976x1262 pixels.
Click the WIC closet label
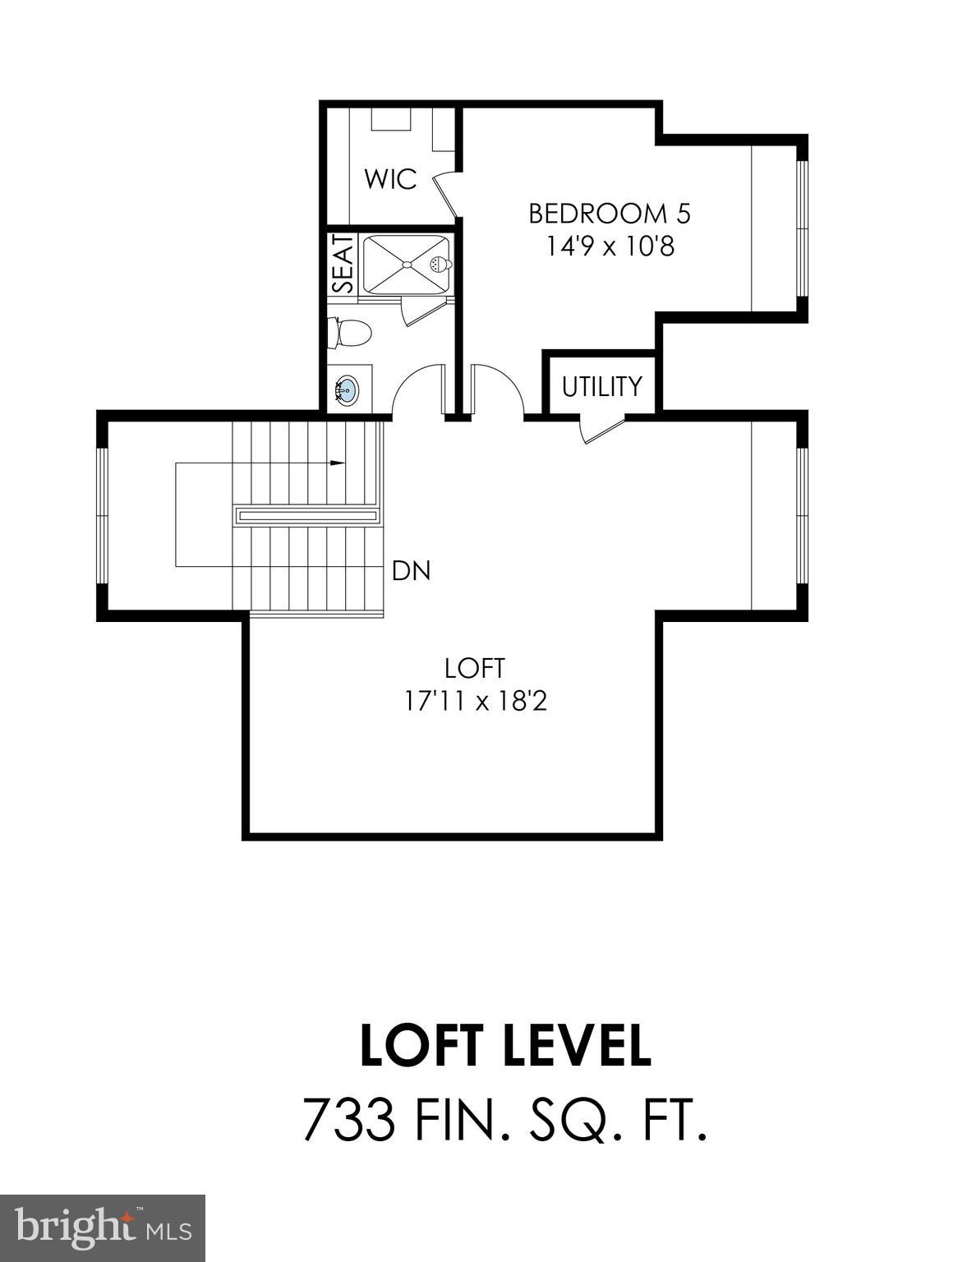(x=391, y=179)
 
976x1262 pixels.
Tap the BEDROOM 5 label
(x=609, y=214)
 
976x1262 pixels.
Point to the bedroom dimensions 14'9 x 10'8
(x=610, y=246)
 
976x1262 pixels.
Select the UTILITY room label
(x=602, y=386)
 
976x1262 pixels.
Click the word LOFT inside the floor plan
(x=474, y=668)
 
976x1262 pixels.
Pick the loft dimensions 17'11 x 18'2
(x=475, y=701)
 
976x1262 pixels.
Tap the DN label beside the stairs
(x=411, y=570)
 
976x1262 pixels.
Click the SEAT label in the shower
(x=343, y=264)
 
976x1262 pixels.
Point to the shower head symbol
(x=439, y=265)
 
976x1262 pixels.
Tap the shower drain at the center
(x=405, y=265)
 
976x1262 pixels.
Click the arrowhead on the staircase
(x=337, y=463)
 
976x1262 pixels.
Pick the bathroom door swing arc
(x=417, y=386)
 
